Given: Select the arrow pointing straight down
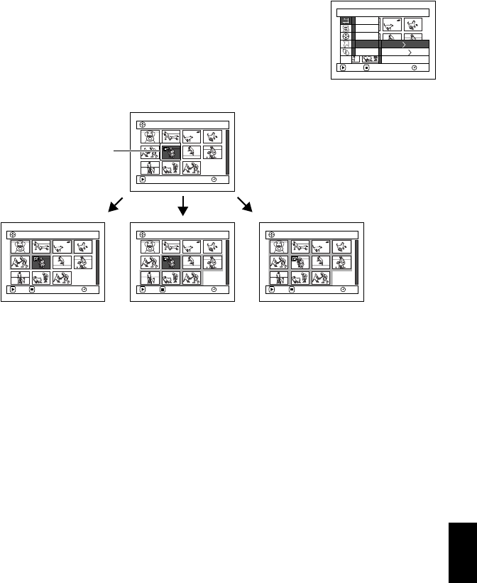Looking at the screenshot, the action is coord(184,206).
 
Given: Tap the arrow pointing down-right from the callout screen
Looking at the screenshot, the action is coord(246,205).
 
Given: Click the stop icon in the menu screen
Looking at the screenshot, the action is coord(366,69).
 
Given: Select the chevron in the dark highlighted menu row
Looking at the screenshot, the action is coord(405,43).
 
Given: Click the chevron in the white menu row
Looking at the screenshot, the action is coord(405,52).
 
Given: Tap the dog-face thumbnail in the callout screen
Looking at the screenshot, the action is coord(150,137).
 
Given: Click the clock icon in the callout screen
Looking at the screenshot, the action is coord(214,180).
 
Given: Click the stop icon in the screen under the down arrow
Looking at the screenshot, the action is coord(162,290).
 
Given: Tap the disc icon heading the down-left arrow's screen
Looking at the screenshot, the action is coord(11,234).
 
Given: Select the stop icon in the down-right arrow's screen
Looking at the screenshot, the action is coord(292,290).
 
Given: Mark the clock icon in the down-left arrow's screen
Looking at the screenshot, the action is coord(84,290).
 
